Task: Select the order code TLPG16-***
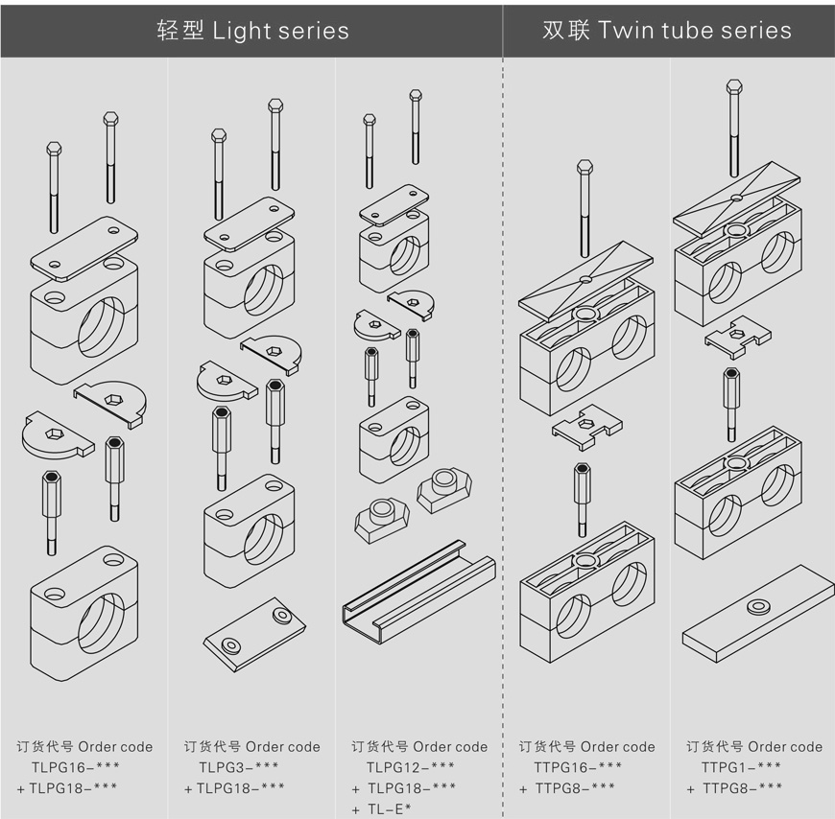point(75,767)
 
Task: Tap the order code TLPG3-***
point(239,767)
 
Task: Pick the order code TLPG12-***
point(410,767)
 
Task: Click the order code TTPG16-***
point(578,767)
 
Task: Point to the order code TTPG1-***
point(741,767)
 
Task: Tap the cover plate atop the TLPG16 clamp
point(84,245)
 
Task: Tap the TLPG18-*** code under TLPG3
point(240,788)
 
